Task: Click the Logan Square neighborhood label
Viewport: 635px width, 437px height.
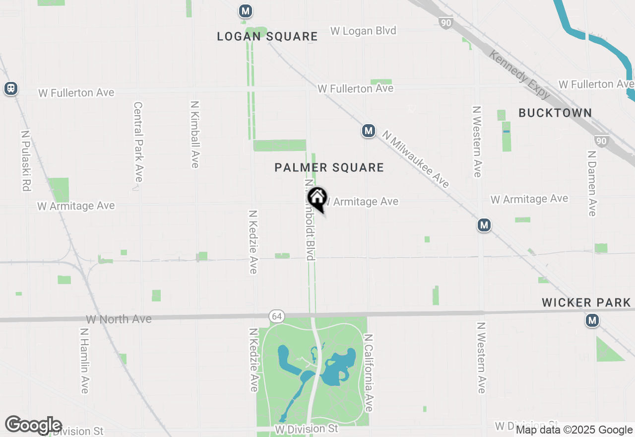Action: pyautogui.click(x=267, y=36)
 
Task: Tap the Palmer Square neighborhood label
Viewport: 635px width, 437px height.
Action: pyautogui.click(x=329, y=168)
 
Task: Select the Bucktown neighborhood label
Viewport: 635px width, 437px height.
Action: pyautogui.click(x=555, y=113)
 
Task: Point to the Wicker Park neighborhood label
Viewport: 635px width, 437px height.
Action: pyautogui.click(x=588, y=302)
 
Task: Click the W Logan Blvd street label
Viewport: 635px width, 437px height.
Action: pyautogui.click(x=364, y=31)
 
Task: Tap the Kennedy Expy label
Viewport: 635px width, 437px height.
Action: pyautogui.click(x=520, y=74)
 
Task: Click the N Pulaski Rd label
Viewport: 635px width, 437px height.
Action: pyautogui.click(x=26, y=161)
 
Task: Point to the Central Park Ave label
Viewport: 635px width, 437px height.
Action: pyautogui.click(x=138, y=142)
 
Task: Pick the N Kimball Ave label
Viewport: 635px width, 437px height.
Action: pyautogui.click(x=195, y=135)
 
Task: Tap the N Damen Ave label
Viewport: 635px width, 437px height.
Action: pyautogui.click(x=591, y=183)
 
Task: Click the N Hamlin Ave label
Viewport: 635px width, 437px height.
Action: pyautogui.click(x=84, y=361)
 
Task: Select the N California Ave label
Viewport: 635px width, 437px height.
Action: pyautogui.click(x=368, y=372)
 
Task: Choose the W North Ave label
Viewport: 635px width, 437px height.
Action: pyautogui.click(x=119, y=319)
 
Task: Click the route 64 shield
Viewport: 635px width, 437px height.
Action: pyautogui.click(x=276, y=316)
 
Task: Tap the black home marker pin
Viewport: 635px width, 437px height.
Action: pyautogui.click(x=317, y=198)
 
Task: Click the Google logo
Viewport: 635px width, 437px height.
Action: pyautogui.click(x=33, y=425)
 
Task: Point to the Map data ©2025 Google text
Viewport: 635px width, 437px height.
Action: pyautogui.click(x=574, y=430)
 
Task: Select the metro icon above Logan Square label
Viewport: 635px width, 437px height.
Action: pyautogui.click(x=245, y=11)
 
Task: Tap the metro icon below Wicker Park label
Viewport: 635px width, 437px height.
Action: pyautogui.click(x=592, y=321)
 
